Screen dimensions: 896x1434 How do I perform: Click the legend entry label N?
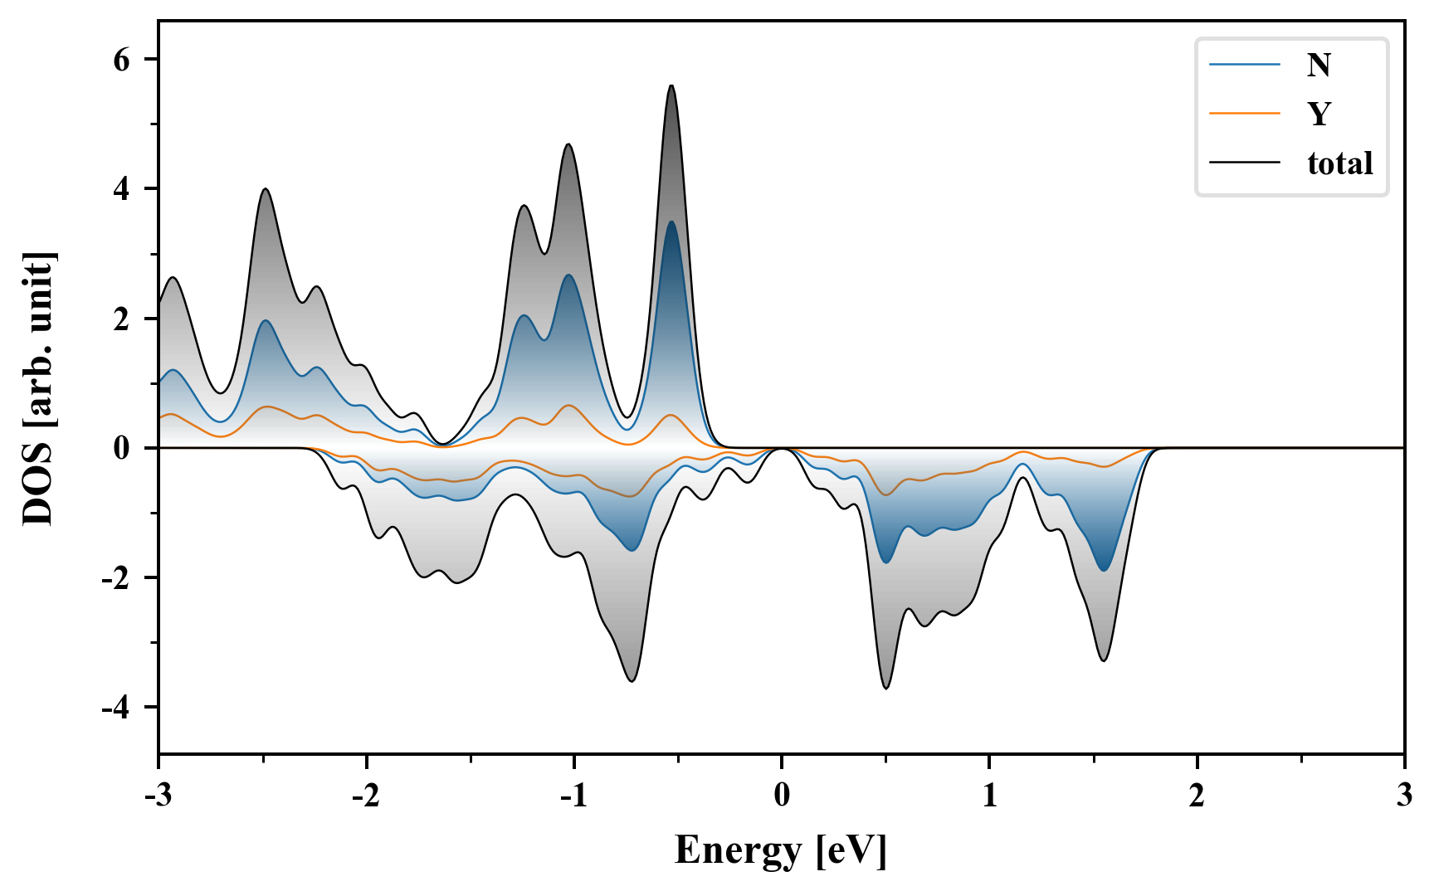[1319, 65]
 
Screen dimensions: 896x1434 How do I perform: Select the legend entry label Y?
[1319, 114]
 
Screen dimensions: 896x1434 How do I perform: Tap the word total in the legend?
[1339, 163]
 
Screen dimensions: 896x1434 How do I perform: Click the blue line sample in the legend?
[1245, 65]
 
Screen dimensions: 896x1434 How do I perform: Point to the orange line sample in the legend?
[1245, 114]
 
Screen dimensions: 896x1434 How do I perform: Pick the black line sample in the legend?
[1245, 163]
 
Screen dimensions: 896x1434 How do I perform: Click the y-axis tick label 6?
[122, 60]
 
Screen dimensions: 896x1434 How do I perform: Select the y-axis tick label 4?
[122, 189]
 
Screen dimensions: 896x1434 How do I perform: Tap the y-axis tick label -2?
[116, 578]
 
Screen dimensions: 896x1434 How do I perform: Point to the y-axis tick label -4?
[116, 708]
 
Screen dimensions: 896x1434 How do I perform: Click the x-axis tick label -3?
[159, 796]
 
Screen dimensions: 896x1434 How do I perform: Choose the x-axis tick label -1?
[573, 796]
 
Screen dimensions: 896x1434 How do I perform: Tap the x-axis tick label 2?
[1197, 796]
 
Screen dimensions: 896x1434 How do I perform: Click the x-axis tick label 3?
[1404, 796]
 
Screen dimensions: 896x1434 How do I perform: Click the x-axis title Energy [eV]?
[781, 850]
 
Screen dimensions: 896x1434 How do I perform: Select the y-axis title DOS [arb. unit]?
[38, 388]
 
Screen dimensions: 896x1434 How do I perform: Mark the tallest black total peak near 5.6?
[671, 85]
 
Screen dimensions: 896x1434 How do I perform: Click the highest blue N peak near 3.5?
[671, 222]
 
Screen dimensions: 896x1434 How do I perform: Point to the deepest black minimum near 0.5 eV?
[886, 688]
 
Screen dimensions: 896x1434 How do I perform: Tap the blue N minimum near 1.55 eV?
[1103, 570]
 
